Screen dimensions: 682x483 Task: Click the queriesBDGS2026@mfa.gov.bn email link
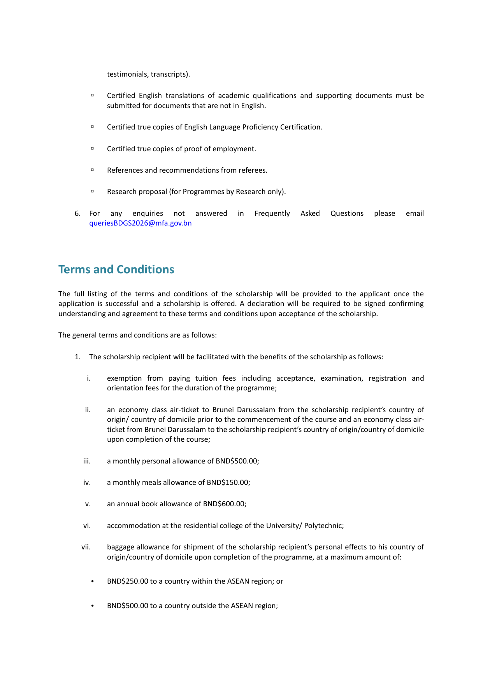coord(140,223)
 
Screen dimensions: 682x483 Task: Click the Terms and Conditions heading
coord(116,269)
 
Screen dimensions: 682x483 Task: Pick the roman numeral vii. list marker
coord(86,547)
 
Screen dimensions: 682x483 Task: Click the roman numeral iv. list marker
coord(87,483)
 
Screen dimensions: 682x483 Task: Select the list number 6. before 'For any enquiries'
coord(77,213)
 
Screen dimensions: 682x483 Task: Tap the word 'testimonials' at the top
coord(127,74)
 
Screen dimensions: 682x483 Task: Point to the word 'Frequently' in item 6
coord(272,213)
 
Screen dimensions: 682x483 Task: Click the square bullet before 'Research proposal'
coord(92,191)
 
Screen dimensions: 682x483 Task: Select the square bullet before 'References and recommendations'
coord(92,170)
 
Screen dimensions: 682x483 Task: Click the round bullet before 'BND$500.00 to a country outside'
coord(92,606)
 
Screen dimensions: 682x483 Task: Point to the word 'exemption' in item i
coord(124,378)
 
